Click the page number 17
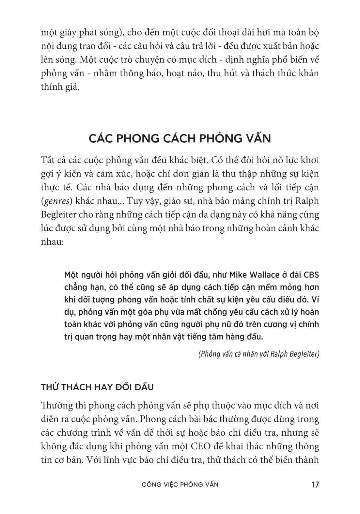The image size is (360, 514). tap(315, 484)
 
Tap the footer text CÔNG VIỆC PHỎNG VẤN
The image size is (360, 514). tap(180, 484)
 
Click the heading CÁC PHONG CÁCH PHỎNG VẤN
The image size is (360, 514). tap(180, 138)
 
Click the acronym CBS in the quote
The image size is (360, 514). tap(311, 275)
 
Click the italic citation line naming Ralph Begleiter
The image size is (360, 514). tap(258, 354)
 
